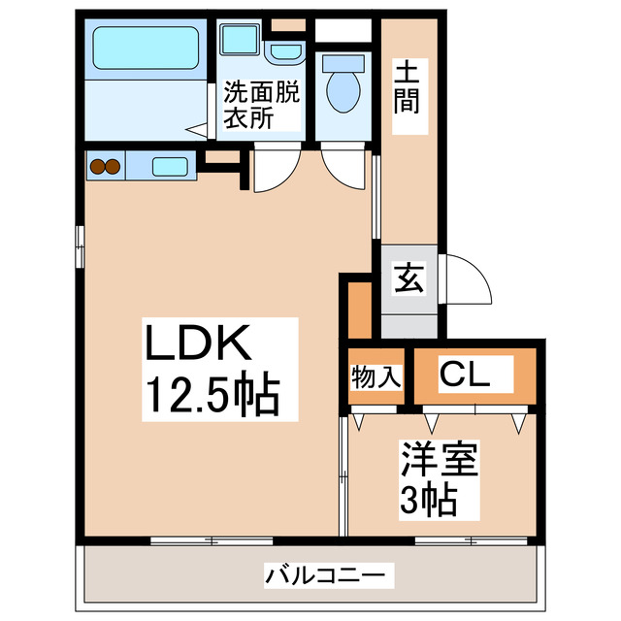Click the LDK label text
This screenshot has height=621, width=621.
click(x=200, y=343)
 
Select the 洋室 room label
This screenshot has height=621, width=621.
click(x=440, y=460)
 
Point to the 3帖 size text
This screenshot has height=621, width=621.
click(x=428, y=500)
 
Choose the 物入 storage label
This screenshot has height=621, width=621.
click(x=376, y=376)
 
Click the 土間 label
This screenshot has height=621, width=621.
click(x=408, y=85)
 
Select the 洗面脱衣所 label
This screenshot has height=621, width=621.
click(x=263, y=106)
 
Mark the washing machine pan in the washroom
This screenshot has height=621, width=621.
click(x=238, y=40)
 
